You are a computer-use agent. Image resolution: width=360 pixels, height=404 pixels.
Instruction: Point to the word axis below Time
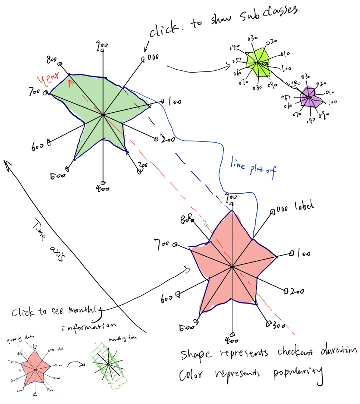[x=56, y=254]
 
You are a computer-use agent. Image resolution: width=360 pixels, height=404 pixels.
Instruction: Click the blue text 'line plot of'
[x=254, y=168]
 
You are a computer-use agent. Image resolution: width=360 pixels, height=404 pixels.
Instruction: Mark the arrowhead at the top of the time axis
[x=6, y=162]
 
